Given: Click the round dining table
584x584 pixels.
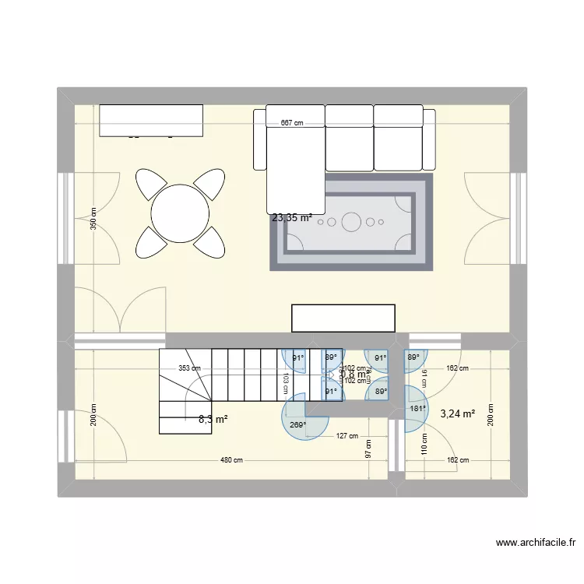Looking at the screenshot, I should coord(181,213).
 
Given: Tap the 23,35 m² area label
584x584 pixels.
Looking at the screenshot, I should coord(292,218).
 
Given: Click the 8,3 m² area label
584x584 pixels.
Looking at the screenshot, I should coord(213,420).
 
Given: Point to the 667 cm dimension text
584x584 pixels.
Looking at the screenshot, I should coord(292,124).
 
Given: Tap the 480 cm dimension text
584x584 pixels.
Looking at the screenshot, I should coord(231,460).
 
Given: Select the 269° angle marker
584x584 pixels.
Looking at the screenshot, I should coord(296,426).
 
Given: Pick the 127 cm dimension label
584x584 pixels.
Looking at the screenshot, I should coord(347,437).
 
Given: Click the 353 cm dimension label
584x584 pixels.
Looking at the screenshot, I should coord(189,369).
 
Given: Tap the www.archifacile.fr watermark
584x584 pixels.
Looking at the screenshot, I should coord(534,543).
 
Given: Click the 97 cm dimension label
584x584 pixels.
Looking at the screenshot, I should coord(368,449).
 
